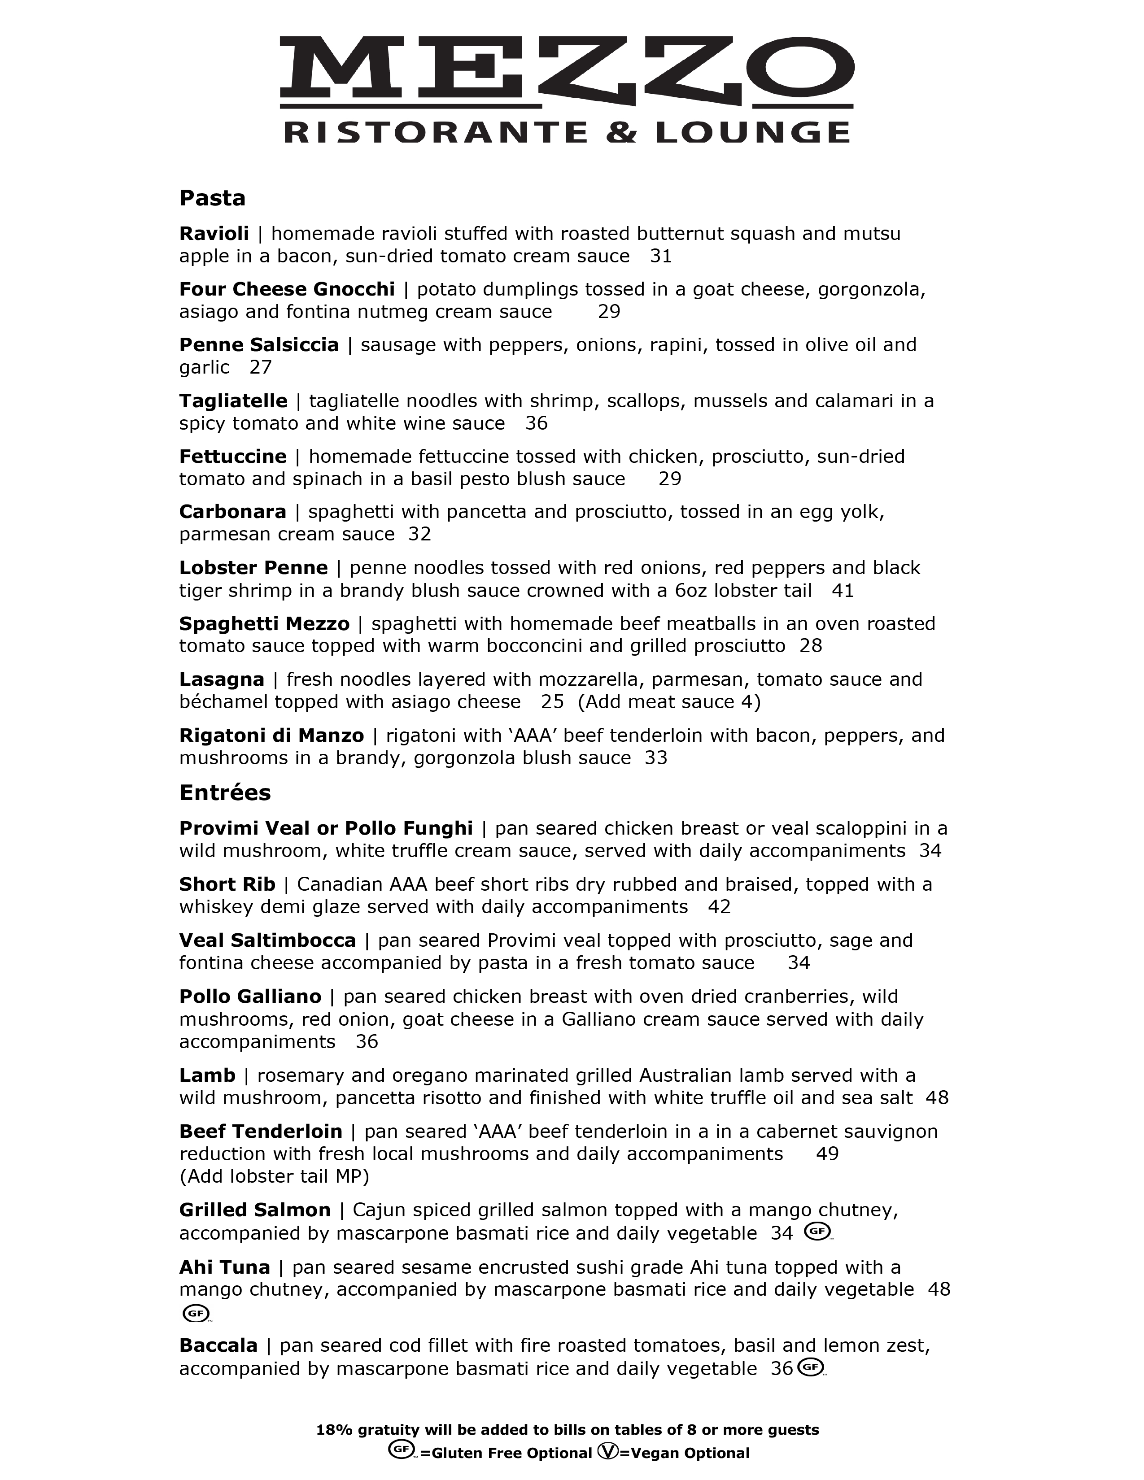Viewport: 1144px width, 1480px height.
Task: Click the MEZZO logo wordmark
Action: tap(567, 71)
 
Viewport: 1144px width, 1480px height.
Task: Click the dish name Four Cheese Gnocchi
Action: tap(287, 289)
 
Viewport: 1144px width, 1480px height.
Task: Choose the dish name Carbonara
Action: tap(232, 512)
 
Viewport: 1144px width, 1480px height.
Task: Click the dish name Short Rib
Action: tap(227, 884)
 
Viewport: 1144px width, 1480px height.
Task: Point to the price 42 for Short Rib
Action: tap(719, 907)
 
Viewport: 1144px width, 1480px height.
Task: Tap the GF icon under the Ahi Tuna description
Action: tap(196, 1313)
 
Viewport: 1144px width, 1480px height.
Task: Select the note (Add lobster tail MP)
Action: tap(274, 1176)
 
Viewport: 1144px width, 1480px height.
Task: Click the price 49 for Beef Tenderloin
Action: tap(827, 1154)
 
